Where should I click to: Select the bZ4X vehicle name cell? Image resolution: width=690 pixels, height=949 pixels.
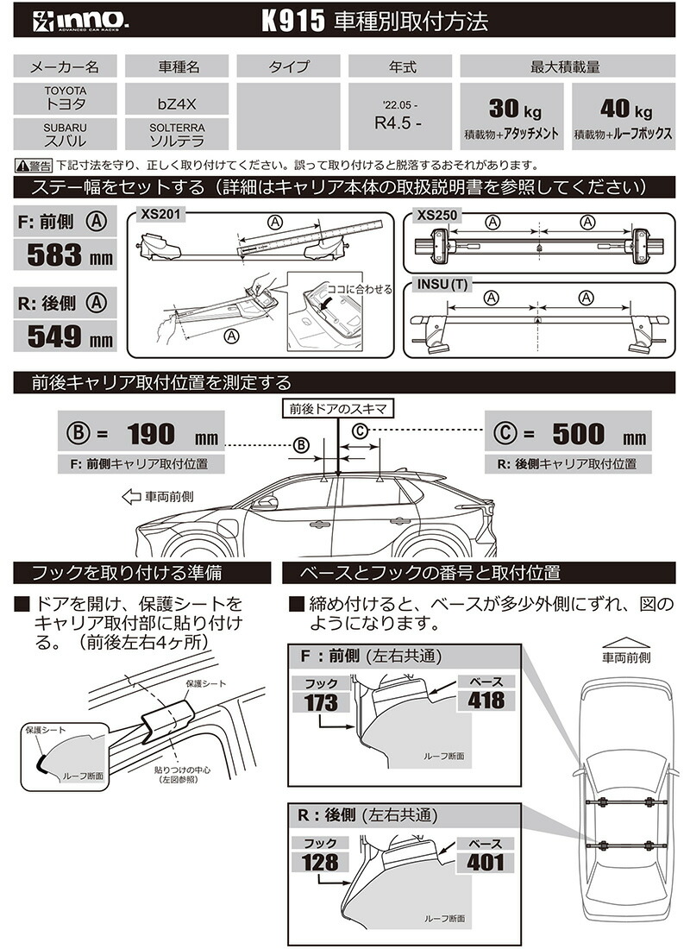(176, 102)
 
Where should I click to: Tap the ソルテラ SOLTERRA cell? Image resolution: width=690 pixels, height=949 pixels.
(176, 134)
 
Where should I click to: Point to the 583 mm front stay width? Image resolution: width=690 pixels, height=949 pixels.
(66, 255)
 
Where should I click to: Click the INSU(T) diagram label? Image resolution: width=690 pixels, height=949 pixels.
(442, 284)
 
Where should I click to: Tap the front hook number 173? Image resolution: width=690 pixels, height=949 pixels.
(320, 701)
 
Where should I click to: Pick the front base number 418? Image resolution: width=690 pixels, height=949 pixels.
(486, 699)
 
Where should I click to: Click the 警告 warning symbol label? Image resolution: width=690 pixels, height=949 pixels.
(34, 165)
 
